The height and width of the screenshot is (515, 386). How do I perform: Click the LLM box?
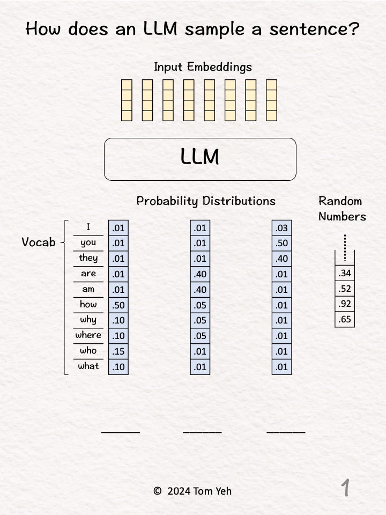[200, 159]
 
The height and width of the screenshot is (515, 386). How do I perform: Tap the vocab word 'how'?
[88, 304]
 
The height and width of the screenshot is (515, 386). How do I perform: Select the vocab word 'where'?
[88, 335]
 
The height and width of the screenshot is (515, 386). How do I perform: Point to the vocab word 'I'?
[88, 227]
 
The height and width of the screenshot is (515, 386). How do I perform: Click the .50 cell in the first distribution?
[118, 305]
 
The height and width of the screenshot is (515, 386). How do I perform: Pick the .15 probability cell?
[118, 351]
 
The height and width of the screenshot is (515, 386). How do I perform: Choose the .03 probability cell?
[281, 228]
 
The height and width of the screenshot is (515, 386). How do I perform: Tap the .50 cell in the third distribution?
[281, 244]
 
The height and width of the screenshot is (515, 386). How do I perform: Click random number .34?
[345, 273]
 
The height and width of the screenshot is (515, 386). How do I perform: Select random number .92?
[345, 304]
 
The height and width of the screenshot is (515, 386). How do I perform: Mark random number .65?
[345, 319]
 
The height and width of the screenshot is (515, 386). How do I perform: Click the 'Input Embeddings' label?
[203, 67]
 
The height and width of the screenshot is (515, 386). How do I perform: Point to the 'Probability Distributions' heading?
[206, 201]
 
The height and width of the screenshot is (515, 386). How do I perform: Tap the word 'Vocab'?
[39, 242]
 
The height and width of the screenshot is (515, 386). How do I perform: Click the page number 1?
[345, 488]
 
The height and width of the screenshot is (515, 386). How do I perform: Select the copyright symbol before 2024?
[157, 491]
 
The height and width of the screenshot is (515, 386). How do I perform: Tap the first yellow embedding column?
[127, 100]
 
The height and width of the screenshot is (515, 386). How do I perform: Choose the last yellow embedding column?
[271, 100]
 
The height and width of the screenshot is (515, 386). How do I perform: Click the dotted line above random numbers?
[345, 247]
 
